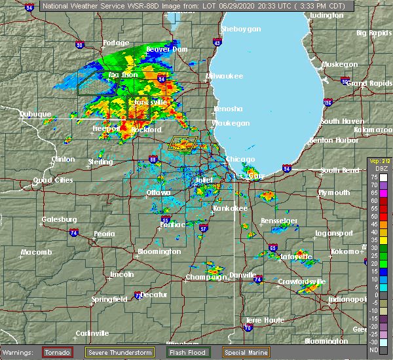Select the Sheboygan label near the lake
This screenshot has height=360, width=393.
click(x=241, y=29)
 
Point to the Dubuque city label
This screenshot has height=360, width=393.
click(x=35, y=114)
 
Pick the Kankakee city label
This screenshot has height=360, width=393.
click(x=230, y=208)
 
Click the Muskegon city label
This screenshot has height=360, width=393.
click(x=339, y=64)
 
